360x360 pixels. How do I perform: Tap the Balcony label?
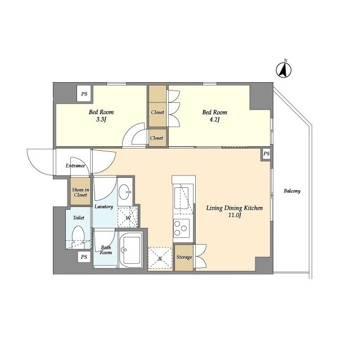click(291, 191)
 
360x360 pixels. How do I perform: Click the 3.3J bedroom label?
click(101, 116)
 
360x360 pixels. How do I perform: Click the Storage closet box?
click(184, 258)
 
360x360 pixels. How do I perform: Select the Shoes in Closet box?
click(79, 192)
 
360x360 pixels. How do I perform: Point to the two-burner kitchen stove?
click(182, 228)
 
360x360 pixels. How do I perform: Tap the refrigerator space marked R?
click(160, 258)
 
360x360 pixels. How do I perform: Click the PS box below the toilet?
click(84, 257)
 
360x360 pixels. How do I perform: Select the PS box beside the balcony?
click(267, 154)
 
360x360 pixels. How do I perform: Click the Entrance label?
click(75, 166)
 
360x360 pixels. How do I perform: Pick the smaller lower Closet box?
click(157, 138)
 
